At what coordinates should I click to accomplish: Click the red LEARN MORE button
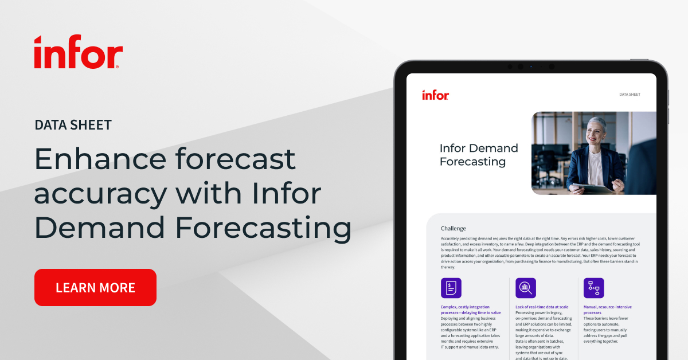[x=95, y=287]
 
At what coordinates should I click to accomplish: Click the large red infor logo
[x=77, y=52]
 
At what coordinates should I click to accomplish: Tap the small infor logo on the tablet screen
[x=435, y=95]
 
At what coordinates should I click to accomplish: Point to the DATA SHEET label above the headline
[x=73, y=124]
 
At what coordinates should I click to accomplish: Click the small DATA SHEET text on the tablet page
[x=630, y=95]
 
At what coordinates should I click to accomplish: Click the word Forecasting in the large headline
[x=264, y=228]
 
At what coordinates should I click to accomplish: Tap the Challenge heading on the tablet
[x=454, y=228]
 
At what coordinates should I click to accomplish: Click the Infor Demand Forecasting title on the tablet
[x=479, y=155]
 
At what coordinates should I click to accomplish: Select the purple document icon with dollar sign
[x=451, y=288]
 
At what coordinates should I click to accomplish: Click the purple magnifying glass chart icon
[x=526, y=288]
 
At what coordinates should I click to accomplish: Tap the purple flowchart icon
[x=593, y=288]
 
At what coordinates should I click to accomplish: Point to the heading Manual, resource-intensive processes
[x=607, y=310]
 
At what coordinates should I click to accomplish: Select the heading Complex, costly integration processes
[x=471, y=310]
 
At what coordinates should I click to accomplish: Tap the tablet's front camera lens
[x=530, y=66]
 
